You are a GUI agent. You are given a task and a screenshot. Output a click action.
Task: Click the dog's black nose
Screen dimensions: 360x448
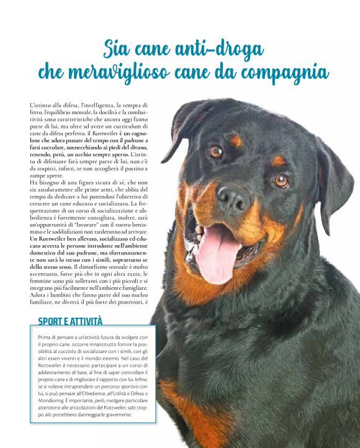click(233, 198)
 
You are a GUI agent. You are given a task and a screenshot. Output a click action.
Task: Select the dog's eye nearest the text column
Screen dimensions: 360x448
click(215, 151)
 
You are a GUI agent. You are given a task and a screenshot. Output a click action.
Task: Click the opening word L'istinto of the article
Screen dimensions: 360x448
click(42, 105)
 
